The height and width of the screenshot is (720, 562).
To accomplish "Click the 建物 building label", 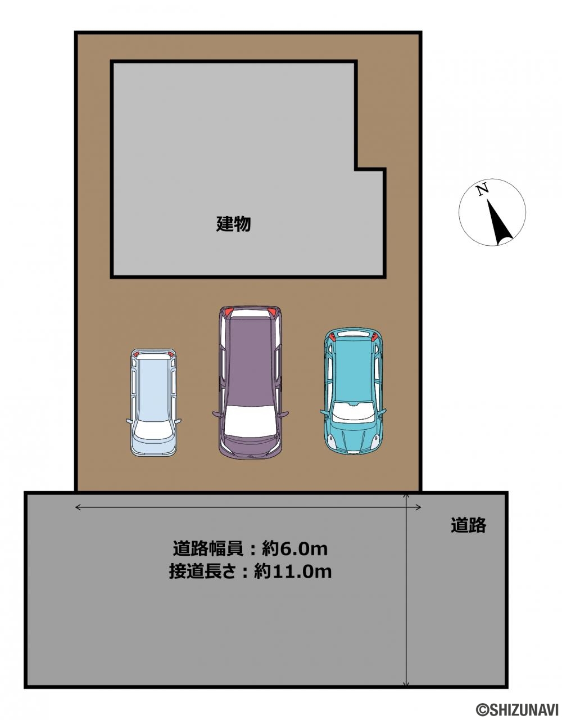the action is [x=233, y=224].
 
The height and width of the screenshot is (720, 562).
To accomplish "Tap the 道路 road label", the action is [x=468, y=525].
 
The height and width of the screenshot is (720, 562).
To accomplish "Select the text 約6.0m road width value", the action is [x=294, y=549].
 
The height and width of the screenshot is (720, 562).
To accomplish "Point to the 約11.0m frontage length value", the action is [x=293, y=571].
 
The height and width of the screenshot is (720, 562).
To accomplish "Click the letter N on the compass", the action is [x=482, y=190].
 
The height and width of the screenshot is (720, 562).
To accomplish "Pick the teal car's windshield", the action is [x=353, y=412].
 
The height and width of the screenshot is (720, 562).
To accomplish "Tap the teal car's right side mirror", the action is [x=382, y=412].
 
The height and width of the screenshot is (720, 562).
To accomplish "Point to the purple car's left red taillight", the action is [x=228, y=312].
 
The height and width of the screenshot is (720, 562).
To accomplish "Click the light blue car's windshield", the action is [x=153, y=429].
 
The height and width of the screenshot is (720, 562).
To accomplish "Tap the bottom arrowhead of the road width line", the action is [x=406, y=683].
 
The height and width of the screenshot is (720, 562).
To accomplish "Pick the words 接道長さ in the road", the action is [x=205, y=571].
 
